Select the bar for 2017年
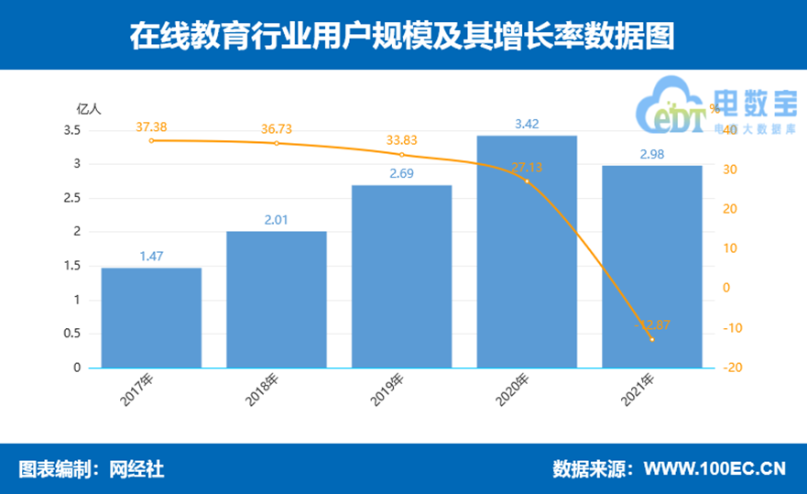coord(151,317)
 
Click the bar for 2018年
coord(276,299)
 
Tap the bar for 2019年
coord(401,276)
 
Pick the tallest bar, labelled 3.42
coord(527,251)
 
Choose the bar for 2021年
coord(651,267)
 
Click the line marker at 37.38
coord(151,140)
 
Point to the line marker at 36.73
coord(276,143)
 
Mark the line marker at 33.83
coord(401,155)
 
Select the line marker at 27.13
coord(527,181)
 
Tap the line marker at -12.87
coord(651,339)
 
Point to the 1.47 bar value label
coord(151,257)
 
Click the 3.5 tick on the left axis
coord(71,130)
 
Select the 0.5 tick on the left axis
coord(71,334)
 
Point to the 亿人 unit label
coord(88,108)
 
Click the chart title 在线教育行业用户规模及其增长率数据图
coord(403,35)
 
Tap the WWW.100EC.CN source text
coord(714,468)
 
